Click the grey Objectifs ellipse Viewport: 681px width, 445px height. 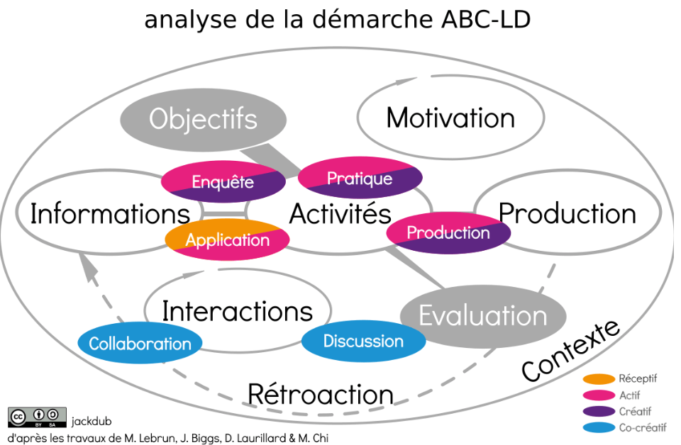click(x=203, y=119)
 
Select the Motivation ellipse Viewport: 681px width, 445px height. click(x=450, y=118)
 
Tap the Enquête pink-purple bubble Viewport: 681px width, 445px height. click(x=223, y=182)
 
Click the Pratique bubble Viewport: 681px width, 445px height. click(x=360, y=178)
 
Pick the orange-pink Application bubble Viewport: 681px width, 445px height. click(x=227, y=240)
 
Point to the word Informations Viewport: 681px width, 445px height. click(x=110, y=213)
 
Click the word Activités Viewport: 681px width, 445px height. click(x=340, y=213)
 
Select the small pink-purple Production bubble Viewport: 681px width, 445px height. click(x=448, y=232)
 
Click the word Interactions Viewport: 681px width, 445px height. click(x=237, y=310)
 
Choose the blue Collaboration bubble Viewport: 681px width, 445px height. click(x=140, y=344)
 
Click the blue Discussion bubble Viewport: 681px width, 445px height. click(x=363, y=341)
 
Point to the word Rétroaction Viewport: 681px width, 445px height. click(x=320, y=394)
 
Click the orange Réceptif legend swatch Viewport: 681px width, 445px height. click(x=597, y=379)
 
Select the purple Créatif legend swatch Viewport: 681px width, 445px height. click(x=597, y=412)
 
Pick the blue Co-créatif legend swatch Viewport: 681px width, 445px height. click(x=597, y=427)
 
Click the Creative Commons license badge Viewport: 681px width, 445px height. click(x=37, y=417)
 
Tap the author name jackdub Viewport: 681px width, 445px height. click(x=92, y=422)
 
